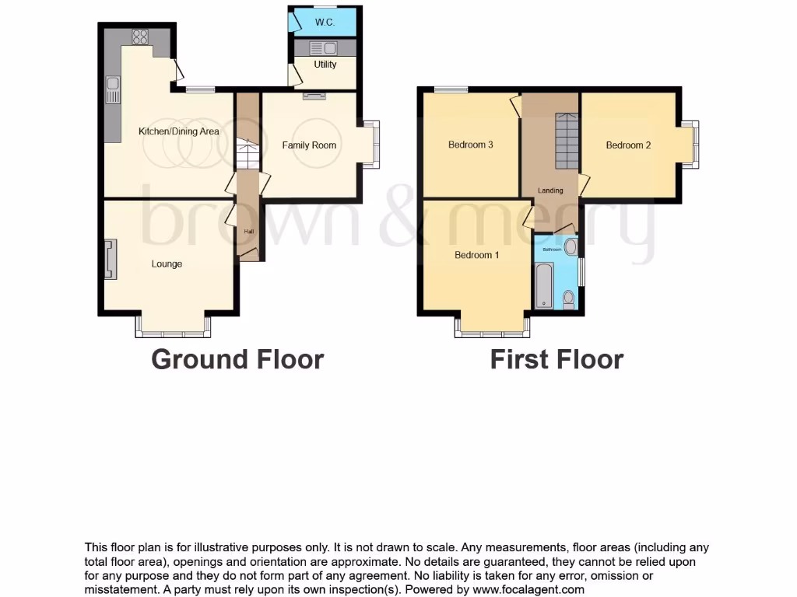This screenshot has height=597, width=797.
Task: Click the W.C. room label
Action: (x=325, y=23)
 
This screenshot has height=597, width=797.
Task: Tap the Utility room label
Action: (x=325, y=65)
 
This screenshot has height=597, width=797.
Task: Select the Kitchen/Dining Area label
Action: (x=178, y=131)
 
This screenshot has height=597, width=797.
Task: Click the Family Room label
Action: (x=309, y=145)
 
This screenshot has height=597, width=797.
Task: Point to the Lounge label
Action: (x=167, y=264)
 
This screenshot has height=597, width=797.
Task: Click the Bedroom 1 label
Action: (x=476, y=255)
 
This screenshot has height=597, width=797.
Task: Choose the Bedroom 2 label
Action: (x=628, y=145)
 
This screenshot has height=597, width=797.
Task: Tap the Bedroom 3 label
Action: (x=470, y=145)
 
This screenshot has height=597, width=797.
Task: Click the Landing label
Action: (x=550, y=190)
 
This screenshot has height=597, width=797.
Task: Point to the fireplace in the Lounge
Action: (x=109, y=259)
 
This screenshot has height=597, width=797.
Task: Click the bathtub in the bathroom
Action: (x=542, y=285)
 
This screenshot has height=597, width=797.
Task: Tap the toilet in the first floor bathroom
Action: (x=569, y=298)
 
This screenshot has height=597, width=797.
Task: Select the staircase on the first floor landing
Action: (x=567, y=140)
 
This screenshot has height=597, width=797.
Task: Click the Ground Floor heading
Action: (x=237, y=359)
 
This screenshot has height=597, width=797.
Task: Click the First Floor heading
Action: (x=556, y=359)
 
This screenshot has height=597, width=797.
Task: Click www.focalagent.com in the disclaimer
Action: (x=528, y=589)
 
